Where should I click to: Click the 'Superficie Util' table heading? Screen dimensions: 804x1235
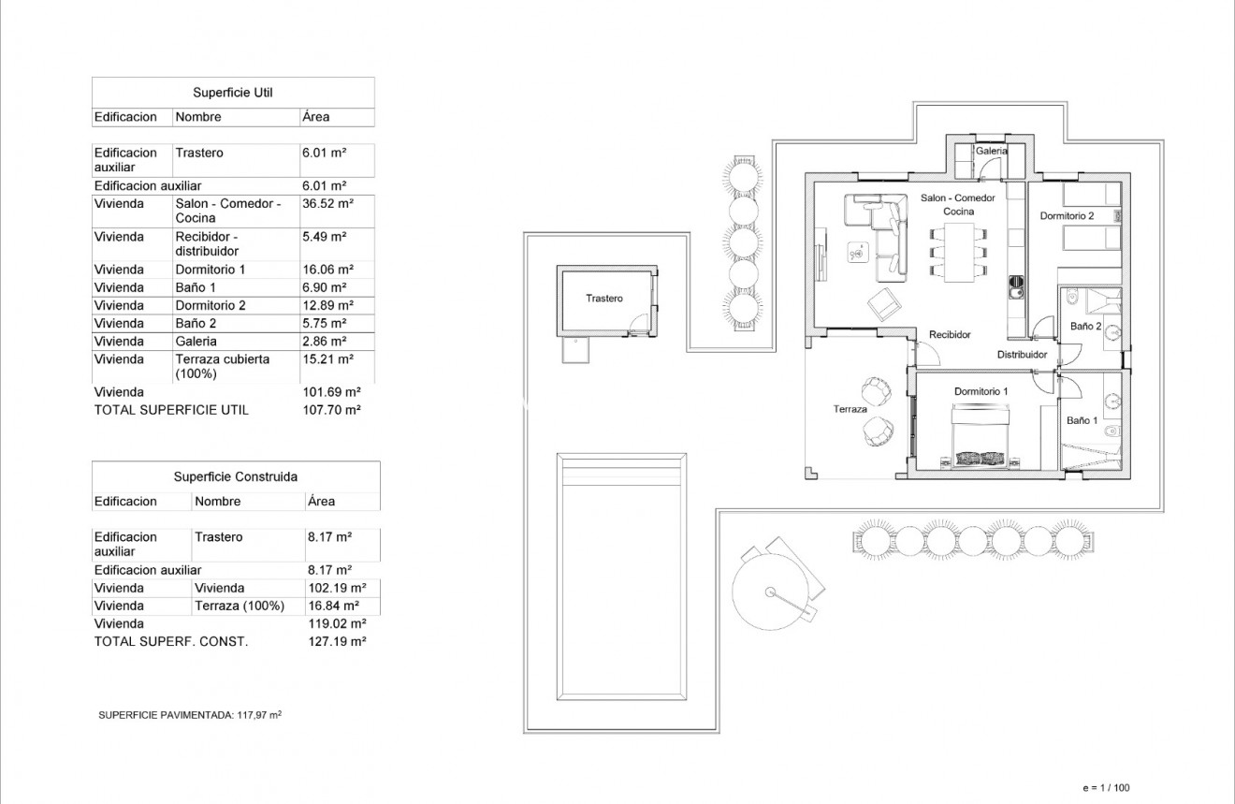click(232, 93)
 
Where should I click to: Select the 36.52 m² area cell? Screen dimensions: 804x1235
click(327, 203)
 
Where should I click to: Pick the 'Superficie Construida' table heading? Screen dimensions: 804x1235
click(235, 476)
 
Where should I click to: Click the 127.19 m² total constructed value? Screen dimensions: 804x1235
click(336, 642)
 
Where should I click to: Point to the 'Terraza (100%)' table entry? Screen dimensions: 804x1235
click(239, 606)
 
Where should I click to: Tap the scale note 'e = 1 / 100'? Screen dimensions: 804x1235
click(1105, 788)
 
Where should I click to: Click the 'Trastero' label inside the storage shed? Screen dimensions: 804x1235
click(603, 299)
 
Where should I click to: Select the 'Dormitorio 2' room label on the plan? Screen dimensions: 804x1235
click(1067, 216)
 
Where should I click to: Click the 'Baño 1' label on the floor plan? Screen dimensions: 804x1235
click(1082, 421)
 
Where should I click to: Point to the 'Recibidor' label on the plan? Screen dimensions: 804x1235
click(950, 334)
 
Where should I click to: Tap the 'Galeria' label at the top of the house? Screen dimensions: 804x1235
click(991, 151)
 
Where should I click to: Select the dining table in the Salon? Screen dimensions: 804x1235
click(959, 251)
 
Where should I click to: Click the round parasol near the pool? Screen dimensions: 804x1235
click(771, 591)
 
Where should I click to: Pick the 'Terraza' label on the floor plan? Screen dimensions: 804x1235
click(850, 409)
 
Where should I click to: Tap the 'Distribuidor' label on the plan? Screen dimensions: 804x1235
click(1021, 355)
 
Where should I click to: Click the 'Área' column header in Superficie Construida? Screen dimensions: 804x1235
click(321, 502)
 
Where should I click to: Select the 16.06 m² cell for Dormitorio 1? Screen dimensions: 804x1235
click(327, 270)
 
